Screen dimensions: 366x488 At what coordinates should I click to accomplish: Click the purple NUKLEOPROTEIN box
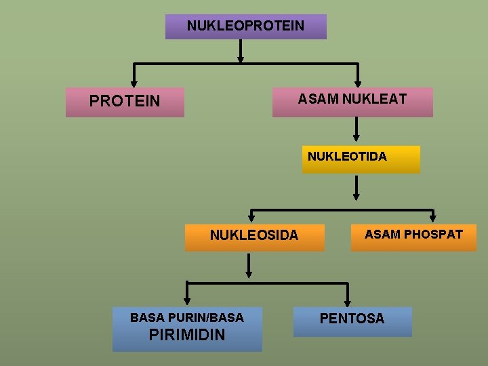[245, 26]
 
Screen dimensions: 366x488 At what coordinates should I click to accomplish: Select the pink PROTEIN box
[125, 102]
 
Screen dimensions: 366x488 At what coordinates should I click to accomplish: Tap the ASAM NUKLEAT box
[352, 102]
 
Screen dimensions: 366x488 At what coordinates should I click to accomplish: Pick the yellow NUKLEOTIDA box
[361, 159]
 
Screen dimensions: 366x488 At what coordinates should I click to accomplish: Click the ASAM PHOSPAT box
[413, 237]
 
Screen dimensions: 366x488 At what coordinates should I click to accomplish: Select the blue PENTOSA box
[352, 321]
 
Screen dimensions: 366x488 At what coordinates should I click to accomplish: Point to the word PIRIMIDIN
[187, 335]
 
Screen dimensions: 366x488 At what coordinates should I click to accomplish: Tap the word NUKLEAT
[374, 99]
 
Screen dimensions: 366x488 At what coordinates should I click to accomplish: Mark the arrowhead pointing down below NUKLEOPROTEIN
[241, 59]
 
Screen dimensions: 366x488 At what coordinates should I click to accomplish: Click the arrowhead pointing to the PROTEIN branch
[134, 83]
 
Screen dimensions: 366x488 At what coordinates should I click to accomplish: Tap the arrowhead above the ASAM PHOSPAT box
[434, 218]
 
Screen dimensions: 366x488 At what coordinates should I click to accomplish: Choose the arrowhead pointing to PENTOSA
[348, 302]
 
